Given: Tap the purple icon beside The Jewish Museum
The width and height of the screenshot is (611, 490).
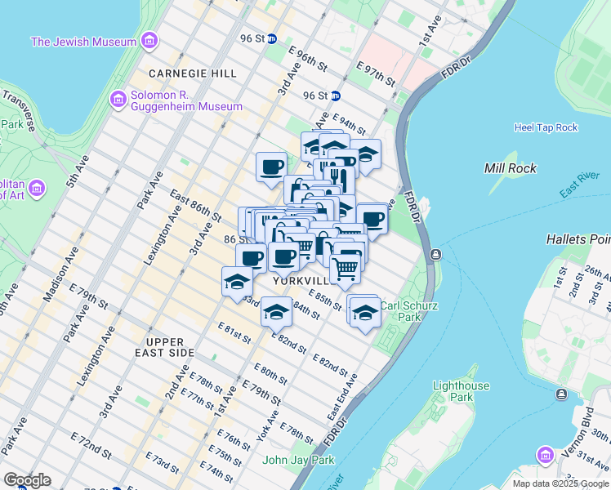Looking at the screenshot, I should coord(149,41).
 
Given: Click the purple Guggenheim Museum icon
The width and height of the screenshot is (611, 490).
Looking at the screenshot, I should coord(118,100).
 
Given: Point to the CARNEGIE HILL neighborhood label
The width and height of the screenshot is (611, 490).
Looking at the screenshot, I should coord(183,72).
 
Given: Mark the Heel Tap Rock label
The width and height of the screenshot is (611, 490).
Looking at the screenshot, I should coord(546,127).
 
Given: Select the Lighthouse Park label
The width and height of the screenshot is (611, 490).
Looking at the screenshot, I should coord(462,392).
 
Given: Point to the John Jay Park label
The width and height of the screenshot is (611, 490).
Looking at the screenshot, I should coord(299,460).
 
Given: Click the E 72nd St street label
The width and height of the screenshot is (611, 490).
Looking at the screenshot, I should coord(90,448).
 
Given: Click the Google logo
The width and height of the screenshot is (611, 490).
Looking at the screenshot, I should coord(28,480).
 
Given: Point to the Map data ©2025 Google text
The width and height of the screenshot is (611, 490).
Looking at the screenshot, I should coord(559,483).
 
